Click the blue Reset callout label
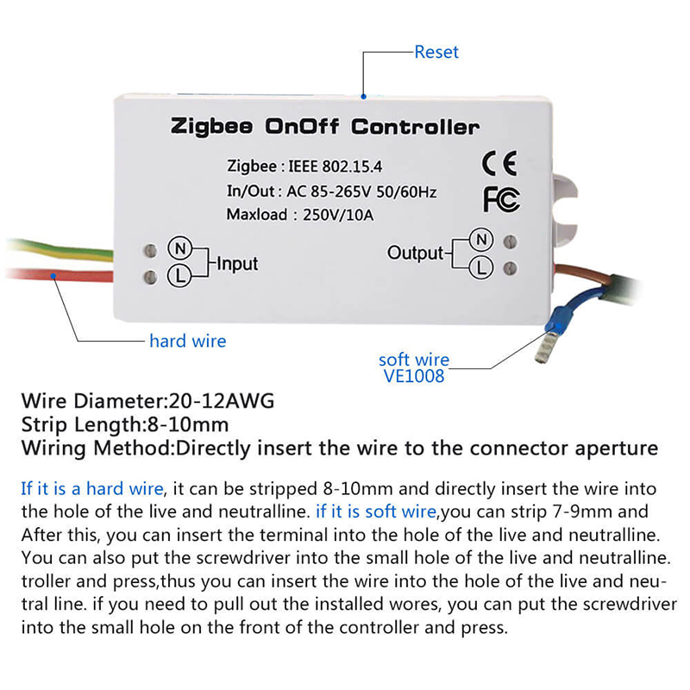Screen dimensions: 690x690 [x=436, y=52]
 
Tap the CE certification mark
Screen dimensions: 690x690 [x=499, y=163]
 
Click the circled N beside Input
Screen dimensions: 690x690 [x=180, y=248]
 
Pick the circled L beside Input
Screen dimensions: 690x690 [x=180, y=276]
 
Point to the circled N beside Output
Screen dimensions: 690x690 [x=483, y=239]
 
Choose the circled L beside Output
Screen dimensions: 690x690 [x=483, y=268]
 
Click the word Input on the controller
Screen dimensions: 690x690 [x=236, y=263]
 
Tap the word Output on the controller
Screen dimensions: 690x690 [x=415, y=254]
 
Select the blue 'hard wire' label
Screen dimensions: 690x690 [x=187, y=341]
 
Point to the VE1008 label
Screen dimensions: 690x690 [x=414, y=376]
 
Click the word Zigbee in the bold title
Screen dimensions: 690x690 [x=212, y=128]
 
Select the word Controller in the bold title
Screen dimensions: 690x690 [x=415, y=128]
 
